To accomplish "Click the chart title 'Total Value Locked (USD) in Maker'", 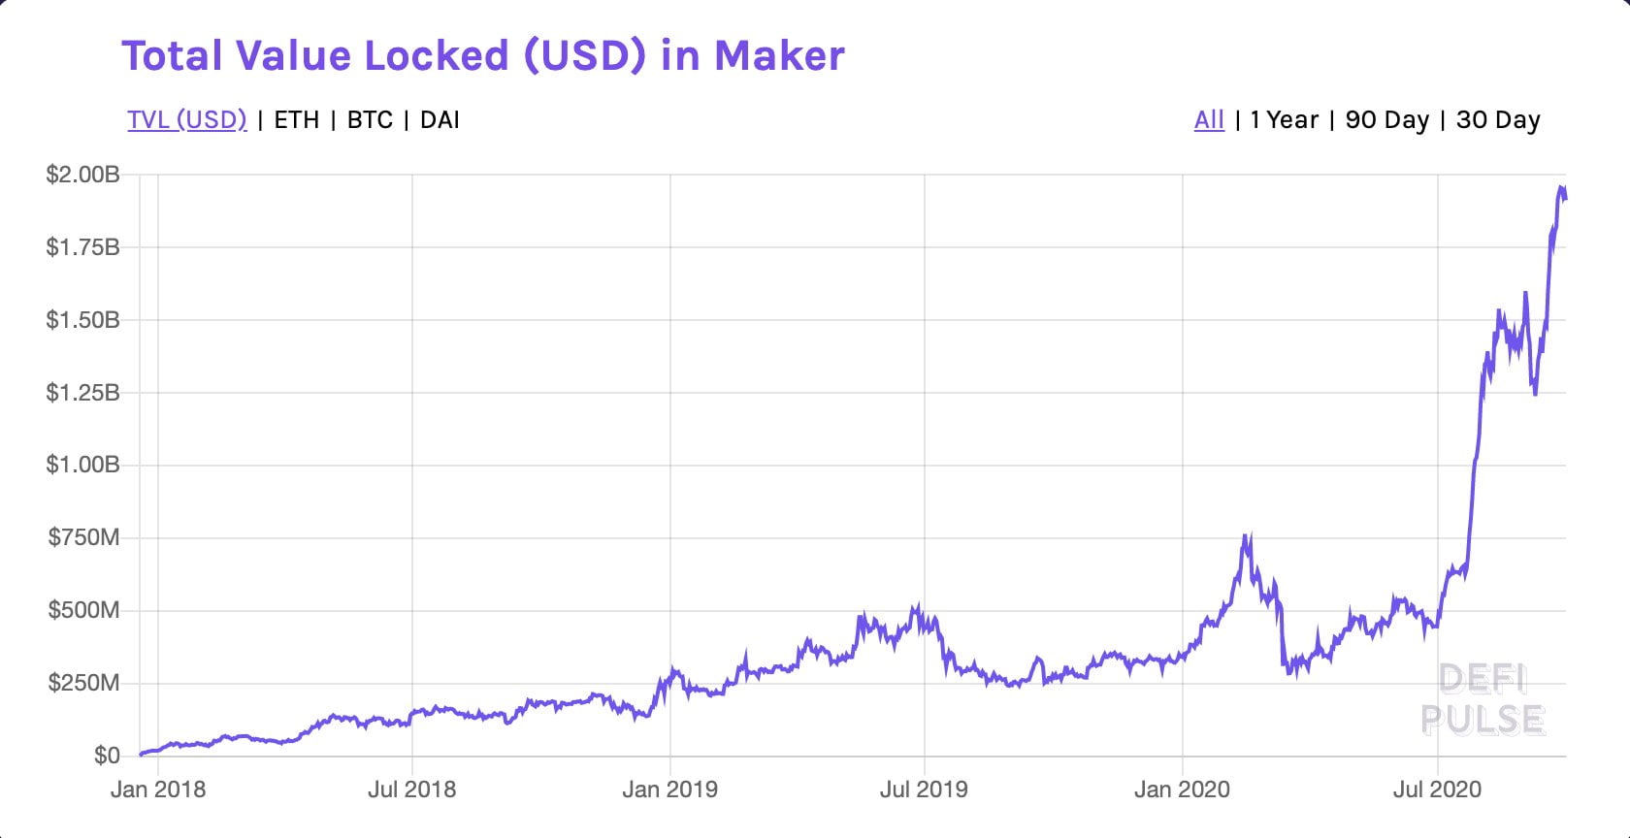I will tap(482, 56).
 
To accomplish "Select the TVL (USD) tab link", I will tap(187, 120).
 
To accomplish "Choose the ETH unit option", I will tap(296, 120).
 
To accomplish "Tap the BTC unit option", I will tap(370, 120).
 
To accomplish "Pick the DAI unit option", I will tap(440, 120).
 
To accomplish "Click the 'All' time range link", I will tap(1209, 120).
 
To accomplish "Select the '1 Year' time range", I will tap(1284, 120).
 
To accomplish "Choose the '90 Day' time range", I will tap(1386, 120).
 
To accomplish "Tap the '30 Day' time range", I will tap(1498, 120).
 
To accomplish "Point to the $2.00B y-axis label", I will tap(82, 175).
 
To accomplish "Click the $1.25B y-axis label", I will tap(82, 393).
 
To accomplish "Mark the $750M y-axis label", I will tap(84, 537).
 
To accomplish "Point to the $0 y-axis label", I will tap(107, 756).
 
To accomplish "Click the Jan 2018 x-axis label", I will tap(158, 790).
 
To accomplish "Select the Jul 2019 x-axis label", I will tap(924, 790).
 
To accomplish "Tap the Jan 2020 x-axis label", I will tap(1182, 790).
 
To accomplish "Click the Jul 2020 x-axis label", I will tap(1437, 790).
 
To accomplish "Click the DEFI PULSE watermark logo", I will tap(1483, 699).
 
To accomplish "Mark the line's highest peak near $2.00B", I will tap(1561, 188).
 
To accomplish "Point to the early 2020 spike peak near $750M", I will tap(1246, 536).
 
